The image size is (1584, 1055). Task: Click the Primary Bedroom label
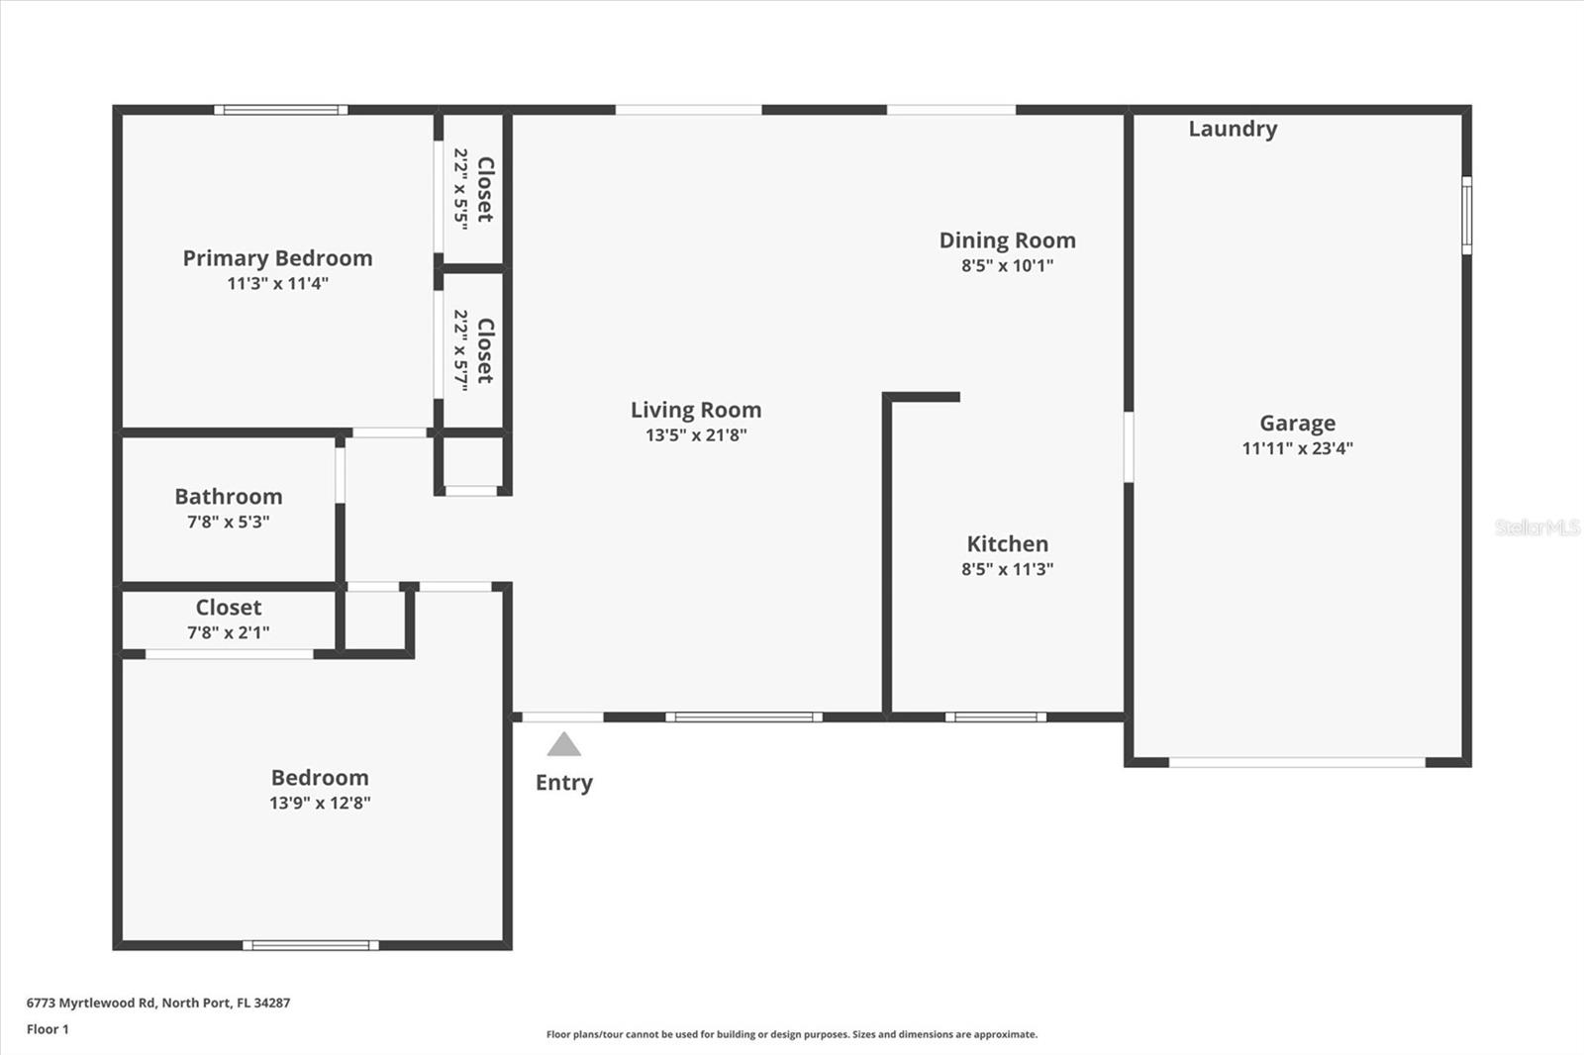[277, 258]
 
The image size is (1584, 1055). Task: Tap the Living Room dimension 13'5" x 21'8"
[696, 434]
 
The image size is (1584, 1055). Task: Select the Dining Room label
[1007, 240]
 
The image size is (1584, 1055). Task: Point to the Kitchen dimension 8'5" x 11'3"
[1007, 569]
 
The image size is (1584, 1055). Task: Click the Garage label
[1297, 424]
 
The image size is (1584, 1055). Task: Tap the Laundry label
[1233, 129]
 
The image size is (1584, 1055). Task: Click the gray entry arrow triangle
[563, 745]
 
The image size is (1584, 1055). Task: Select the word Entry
[563, 783]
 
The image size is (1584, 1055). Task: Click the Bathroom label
[229, 497]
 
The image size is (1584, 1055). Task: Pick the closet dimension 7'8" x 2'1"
[229, 632]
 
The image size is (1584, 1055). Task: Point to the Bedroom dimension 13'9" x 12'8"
[320, 803]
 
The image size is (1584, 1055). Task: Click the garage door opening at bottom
[1297, 762]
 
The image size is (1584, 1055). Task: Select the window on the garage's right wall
[1466, 215]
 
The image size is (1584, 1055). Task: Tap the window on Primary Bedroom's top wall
[281, 110]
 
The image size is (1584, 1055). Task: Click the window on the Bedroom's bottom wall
[311, 945]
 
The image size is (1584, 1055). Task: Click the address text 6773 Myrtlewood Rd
[91, 1003]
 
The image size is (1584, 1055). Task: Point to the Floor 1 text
[48, 1029]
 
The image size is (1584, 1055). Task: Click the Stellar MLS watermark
[1537, 527]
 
